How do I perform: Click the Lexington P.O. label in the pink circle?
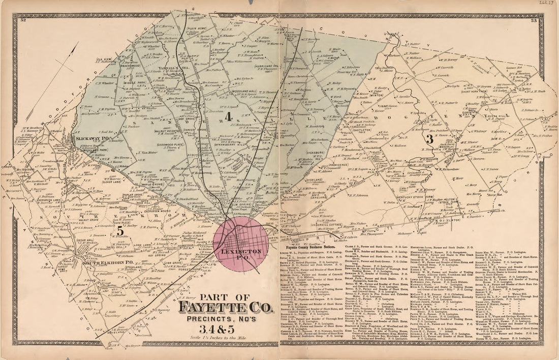click(x=245, y=251)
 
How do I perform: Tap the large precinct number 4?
click(x=229, y=116)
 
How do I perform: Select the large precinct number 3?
click(x=429, y=138)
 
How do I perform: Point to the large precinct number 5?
click(x=120, y=230)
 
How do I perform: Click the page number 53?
click(x=534, y=21)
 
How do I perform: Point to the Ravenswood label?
click(x=126, y=66)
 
